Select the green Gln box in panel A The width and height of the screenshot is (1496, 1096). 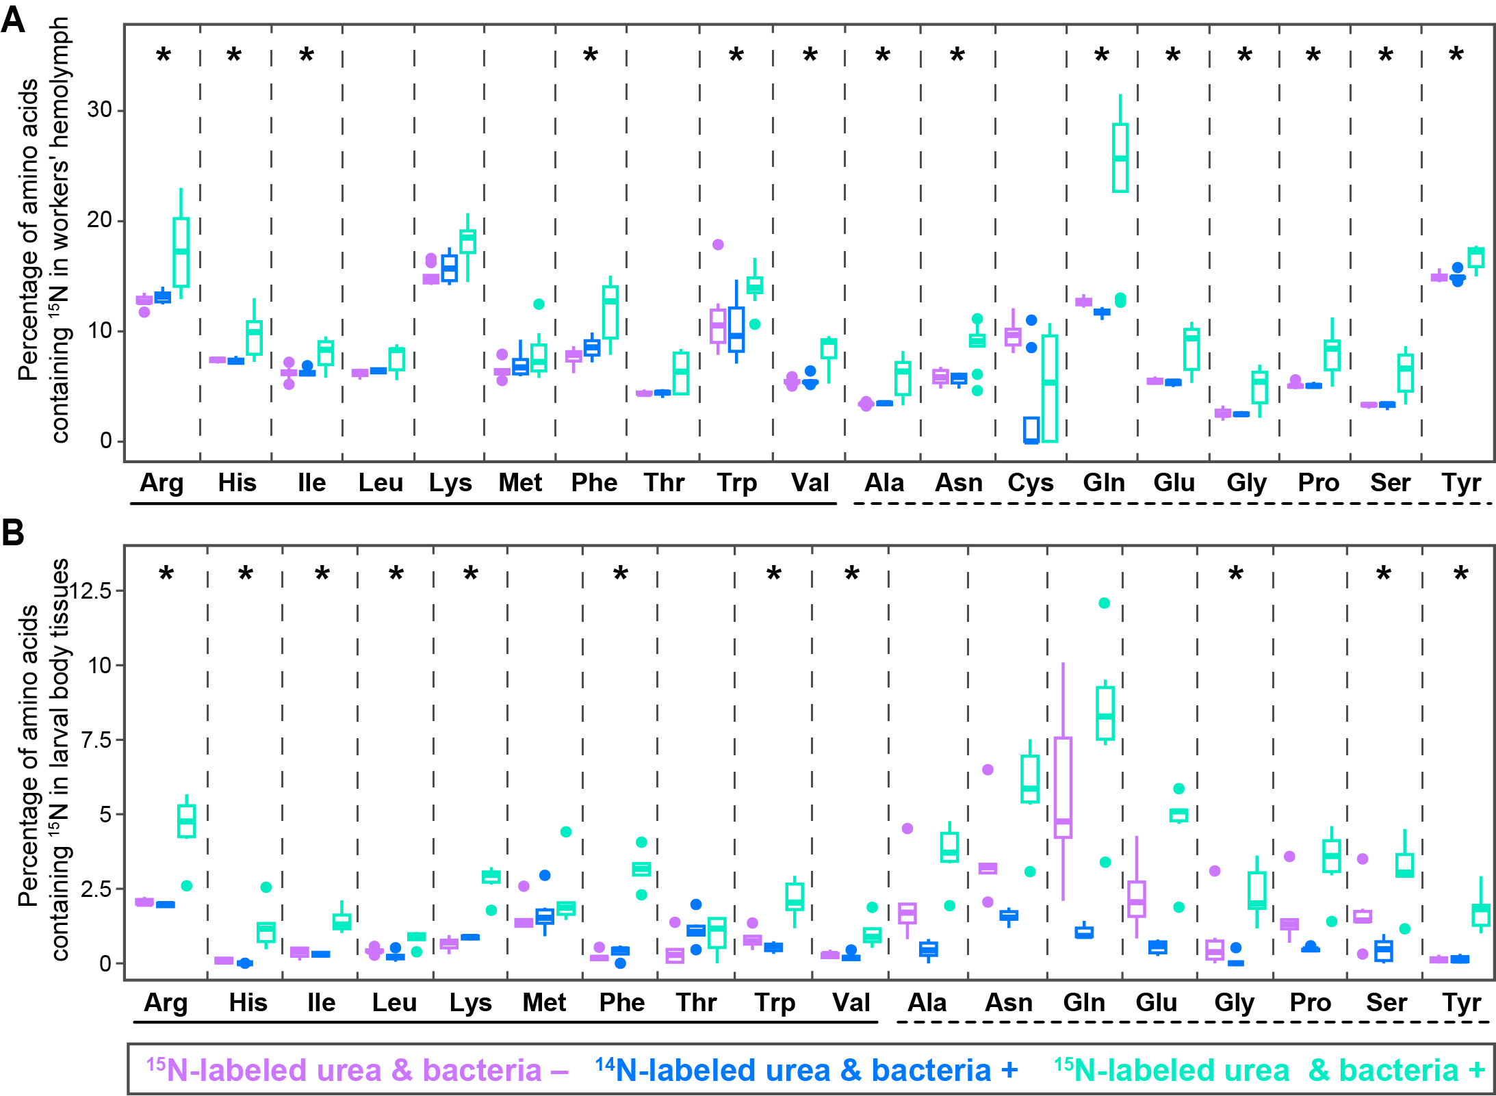[x=1120, y=158]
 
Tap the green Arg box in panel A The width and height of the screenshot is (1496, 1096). [x=181, y=252]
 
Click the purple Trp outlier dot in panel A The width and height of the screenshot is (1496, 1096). [x=718, y=244]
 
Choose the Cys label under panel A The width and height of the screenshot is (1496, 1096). [x=1030, y=483]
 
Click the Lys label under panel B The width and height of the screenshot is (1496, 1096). [x=470, y=1003]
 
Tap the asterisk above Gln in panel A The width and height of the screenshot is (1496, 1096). [x=1102, y=55]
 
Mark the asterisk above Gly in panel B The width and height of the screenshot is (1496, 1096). [x=1235, y=574]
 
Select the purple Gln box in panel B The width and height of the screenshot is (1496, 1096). [x=1063, y=787]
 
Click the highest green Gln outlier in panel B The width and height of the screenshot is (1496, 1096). [x=1104, y=603]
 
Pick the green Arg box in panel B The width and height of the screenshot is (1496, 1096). [x=187, y=821]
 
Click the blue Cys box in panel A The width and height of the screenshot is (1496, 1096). [x=1031, y=430]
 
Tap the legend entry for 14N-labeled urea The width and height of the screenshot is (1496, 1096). [x=806, y=1070]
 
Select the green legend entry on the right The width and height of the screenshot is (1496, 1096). [x=1269, y=1070]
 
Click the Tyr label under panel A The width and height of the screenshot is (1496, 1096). [x=1461, y=483]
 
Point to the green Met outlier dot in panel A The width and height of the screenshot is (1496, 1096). [x=539, y=304]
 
